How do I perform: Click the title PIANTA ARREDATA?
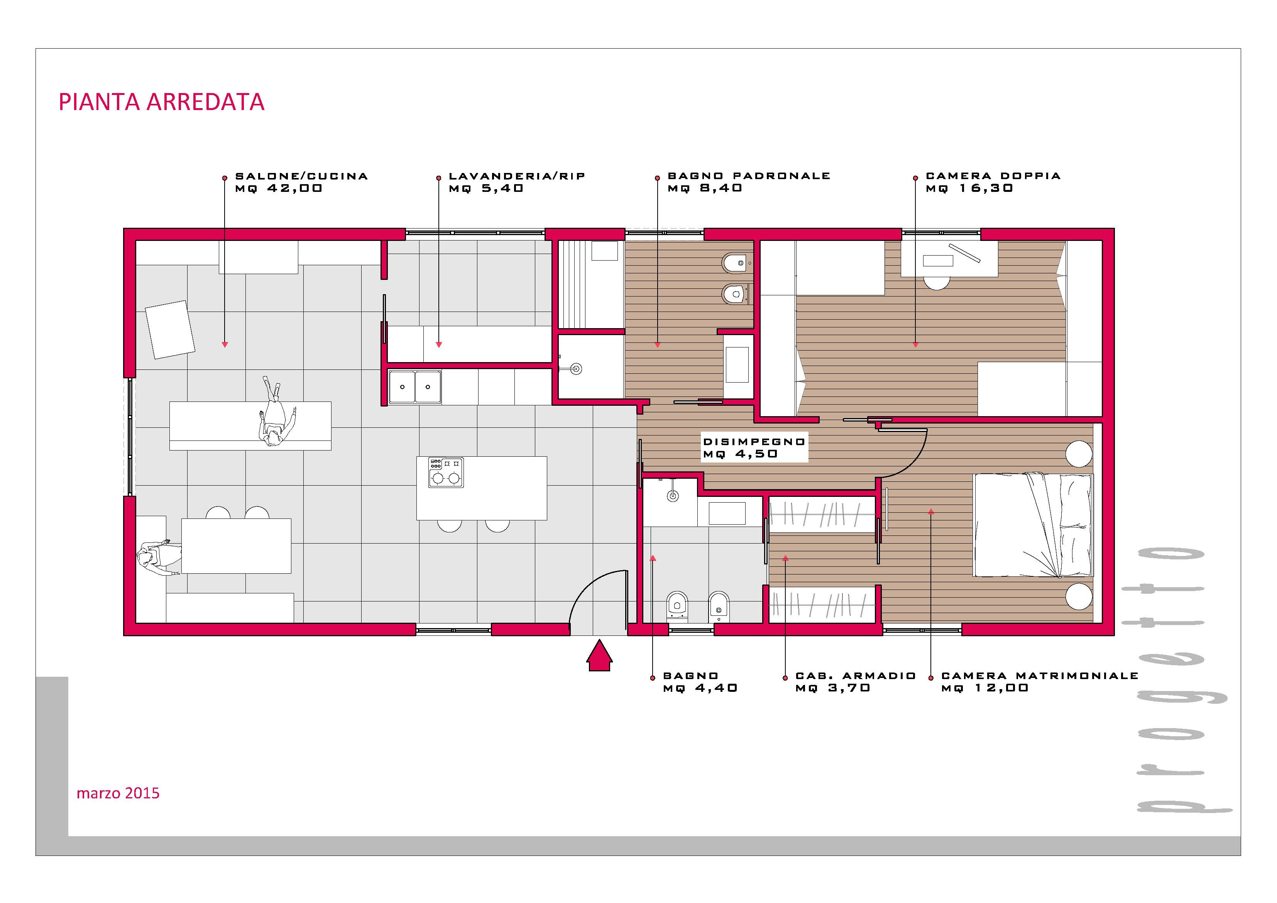[161, 102]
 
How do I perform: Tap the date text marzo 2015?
[118, 793]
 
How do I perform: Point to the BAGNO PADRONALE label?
[749, 176]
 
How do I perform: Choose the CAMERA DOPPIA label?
[993, 176]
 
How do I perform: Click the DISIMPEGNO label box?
[754, 447]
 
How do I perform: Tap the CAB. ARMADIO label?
[856, 676]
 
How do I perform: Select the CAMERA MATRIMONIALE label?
[1040, 676]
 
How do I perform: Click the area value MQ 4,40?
[700, 688]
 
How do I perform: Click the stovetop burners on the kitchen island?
[445, 473]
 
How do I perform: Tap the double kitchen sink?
[415, 387]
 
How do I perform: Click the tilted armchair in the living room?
[170, 329]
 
